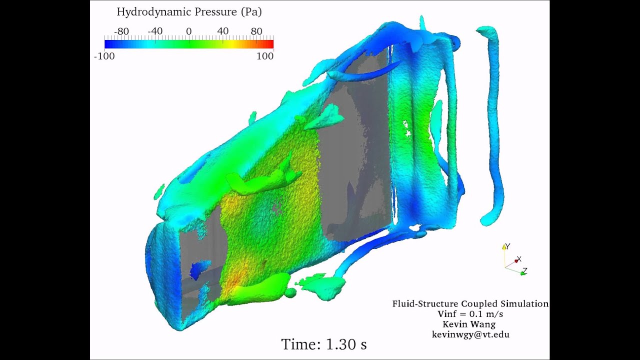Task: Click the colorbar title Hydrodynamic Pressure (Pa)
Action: coord(189,12)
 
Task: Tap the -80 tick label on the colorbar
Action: coord(121,31)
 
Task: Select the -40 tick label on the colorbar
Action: coord(155,31)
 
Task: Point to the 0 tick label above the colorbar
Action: coord(188,31)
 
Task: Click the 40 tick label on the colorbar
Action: coord(222,31)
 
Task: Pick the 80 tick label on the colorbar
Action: coord(256,31)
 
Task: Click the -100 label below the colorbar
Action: coord(104,56)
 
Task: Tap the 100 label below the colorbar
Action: coord(265,56)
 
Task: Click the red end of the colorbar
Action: coord(270,44)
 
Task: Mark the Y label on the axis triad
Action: coord(507,246)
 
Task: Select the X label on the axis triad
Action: coord(519,259)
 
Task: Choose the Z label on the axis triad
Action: coord(524,271)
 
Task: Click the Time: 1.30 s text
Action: coord(323,344)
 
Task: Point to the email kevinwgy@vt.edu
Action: coord(470,334)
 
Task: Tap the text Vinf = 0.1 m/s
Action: coord(470,314)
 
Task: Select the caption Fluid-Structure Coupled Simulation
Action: coord(470,304)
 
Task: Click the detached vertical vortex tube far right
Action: coord(494,125)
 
